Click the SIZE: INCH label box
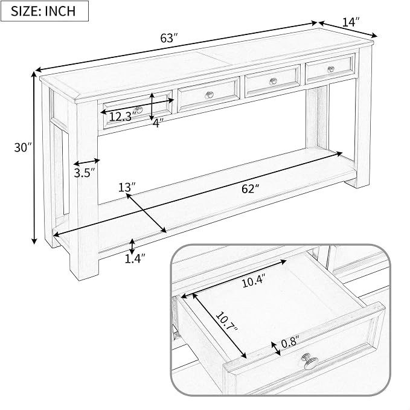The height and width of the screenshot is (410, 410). pyautogui.click(x=45, y=11)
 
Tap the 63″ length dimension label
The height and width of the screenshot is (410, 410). pyautogui.click(x=169, y=38)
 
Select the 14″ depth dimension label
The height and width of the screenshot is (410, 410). pyautogui.click(x=351, y=22)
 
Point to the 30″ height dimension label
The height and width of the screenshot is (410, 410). pyautogui.click(x=23, y=147)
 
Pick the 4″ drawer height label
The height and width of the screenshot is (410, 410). pyautogui.click(x=158, y=122)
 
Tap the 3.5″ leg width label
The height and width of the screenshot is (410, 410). pyautogui.click(x=84, y=173)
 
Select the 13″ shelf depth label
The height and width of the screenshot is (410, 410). pyautogui.click(x=127, y=187)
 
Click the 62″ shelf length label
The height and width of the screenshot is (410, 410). pyautogui.click(x=250, y=188)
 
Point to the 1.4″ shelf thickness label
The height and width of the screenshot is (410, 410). pyautogui.click(x=135, y=258)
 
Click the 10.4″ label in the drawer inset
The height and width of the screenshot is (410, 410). pyautogui.click(x=254, y=281)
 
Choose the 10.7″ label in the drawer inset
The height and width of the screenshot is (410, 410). pyautogui.click(x=226, y=321)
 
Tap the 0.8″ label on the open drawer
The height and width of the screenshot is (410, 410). pyautogui.click(x=290, y=342)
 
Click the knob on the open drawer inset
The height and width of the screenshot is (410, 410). pyautogui.click(x=310, y=361)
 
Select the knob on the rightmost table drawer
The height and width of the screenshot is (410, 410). pyautogui.click(x=331, y=69)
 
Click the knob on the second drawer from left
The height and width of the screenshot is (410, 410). pyautogui.click(x=209, y=95)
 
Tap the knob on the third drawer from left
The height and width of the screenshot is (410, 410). pyautogui.click(x=274, y=82)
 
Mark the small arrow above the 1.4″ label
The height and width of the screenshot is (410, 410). pyautogui.click(x=132, y=246)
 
